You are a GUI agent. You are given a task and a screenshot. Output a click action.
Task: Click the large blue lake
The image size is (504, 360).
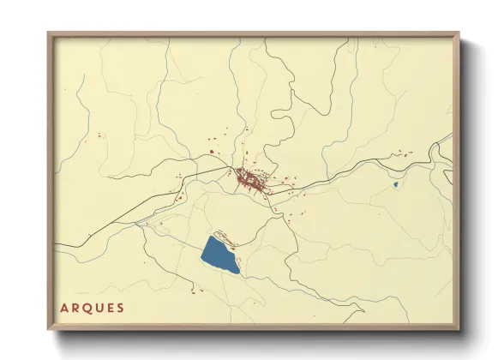(219, 255)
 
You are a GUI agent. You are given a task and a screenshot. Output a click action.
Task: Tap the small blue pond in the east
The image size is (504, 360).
(395, 183)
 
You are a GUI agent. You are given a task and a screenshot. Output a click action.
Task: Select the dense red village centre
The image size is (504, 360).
(250, 180)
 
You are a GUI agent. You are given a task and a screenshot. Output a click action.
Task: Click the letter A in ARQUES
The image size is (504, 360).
(64, 308)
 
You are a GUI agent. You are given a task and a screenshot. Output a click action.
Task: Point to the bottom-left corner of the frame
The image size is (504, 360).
(49, 329)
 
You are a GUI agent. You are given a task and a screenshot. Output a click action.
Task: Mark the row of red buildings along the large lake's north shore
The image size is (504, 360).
(225, 235)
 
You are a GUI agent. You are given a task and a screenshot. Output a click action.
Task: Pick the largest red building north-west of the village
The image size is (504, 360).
(212, 153)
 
